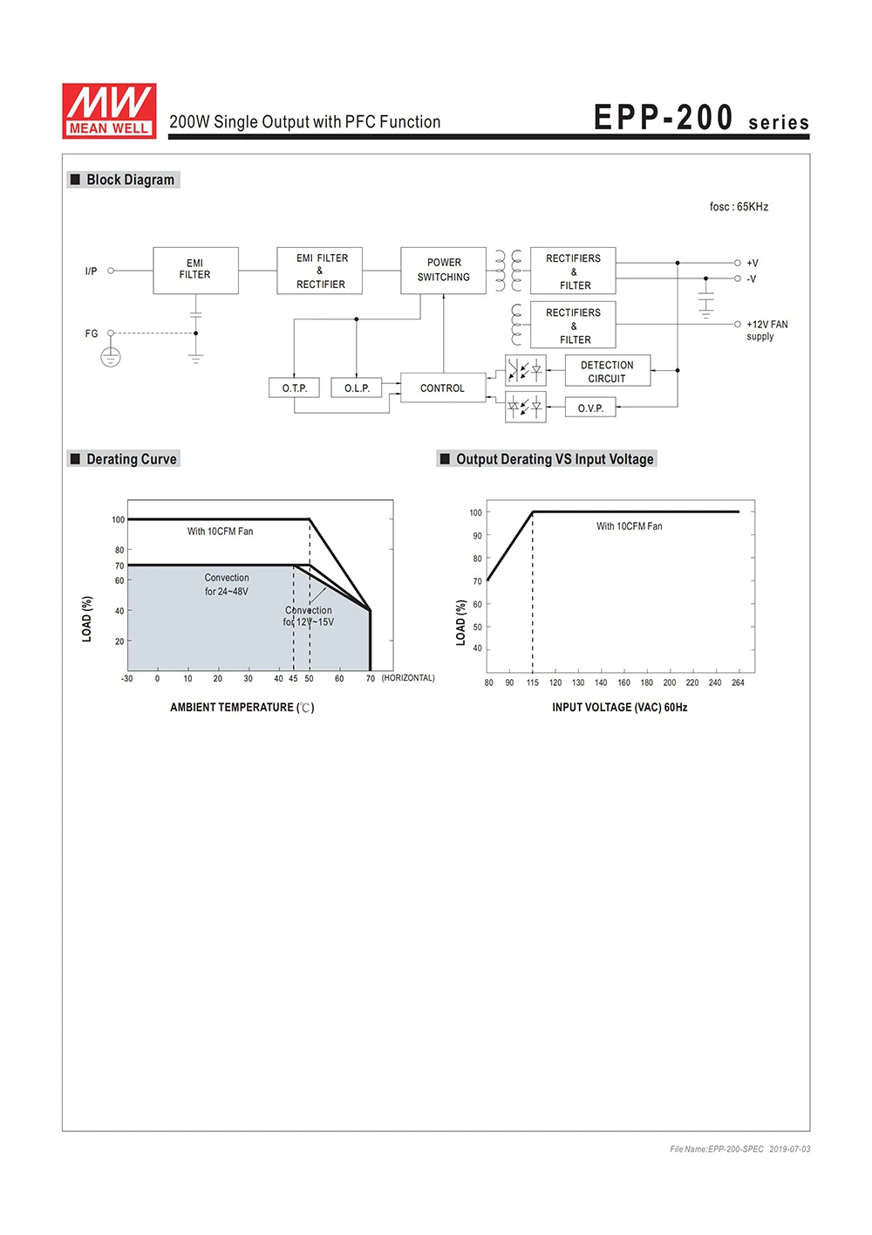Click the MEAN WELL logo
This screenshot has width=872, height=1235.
109,111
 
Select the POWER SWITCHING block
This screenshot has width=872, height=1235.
443,270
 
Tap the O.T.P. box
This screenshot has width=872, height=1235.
295,388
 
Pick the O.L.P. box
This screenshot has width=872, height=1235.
357,388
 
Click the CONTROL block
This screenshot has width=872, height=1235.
442,388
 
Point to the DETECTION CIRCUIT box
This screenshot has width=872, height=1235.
607,371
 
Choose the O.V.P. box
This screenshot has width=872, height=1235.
590,408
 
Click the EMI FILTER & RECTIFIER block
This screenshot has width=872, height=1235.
320,271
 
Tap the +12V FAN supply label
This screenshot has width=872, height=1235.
766,330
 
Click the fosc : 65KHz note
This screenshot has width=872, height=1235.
739,207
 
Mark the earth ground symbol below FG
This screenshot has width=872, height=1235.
111,357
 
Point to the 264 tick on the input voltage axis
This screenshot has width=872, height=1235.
738,683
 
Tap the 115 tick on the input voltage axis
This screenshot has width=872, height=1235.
533,683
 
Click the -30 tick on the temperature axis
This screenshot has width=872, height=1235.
127,678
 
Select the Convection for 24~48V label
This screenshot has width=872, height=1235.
227,585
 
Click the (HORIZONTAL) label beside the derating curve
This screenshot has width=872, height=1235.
408,678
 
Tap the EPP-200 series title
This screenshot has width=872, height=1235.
701,119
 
